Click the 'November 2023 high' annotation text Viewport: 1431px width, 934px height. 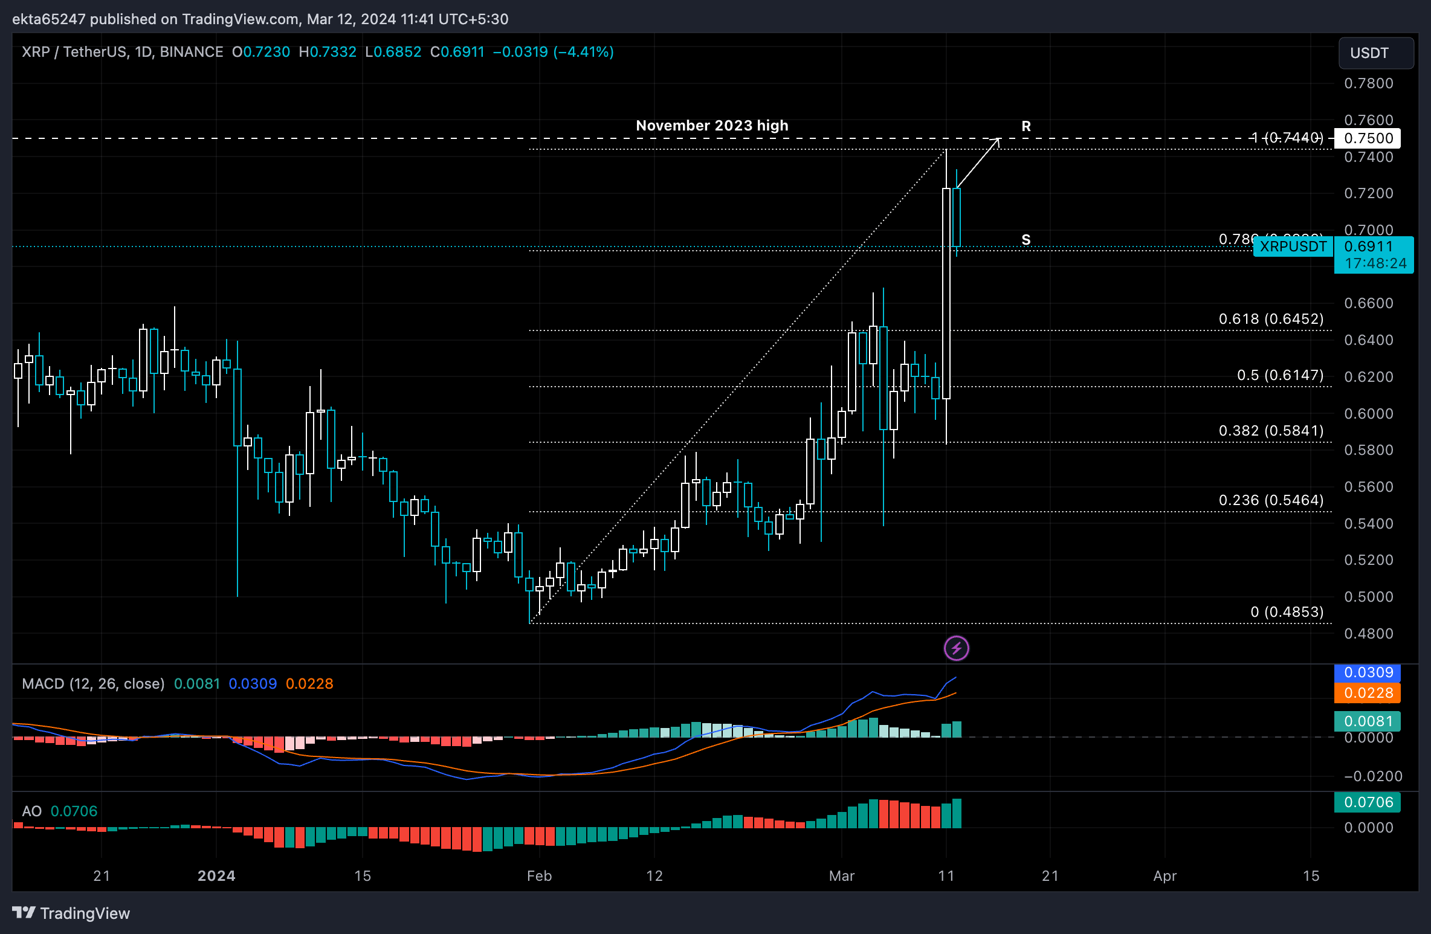[712, 126]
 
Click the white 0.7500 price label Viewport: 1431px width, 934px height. [1367, 138]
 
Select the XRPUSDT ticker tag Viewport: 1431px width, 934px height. [1293, 246]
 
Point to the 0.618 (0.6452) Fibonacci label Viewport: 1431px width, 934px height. [1271, 319]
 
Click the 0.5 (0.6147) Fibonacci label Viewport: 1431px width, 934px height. [1280, 375]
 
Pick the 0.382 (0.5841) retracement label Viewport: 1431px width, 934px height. [1271, 431]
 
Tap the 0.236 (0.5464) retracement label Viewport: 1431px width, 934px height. [1271, 500]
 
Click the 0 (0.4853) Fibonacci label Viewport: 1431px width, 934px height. [1287, 612]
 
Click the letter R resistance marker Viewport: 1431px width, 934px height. [1026, 126]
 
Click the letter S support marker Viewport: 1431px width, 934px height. [1026, 240]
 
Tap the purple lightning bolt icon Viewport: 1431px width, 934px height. [956, 649]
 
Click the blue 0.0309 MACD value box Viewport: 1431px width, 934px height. [1367, 672]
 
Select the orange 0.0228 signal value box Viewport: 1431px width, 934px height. [1367, 693]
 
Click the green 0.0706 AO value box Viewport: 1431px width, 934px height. [1367, 802]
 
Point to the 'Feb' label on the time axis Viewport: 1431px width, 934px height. [539, 876]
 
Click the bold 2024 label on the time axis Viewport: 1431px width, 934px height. [216, 876]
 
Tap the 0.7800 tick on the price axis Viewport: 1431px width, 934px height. [1368, 83]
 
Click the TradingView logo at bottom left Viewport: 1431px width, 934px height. [71, 913]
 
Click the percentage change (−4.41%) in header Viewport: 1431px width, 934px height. [584, 52]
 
